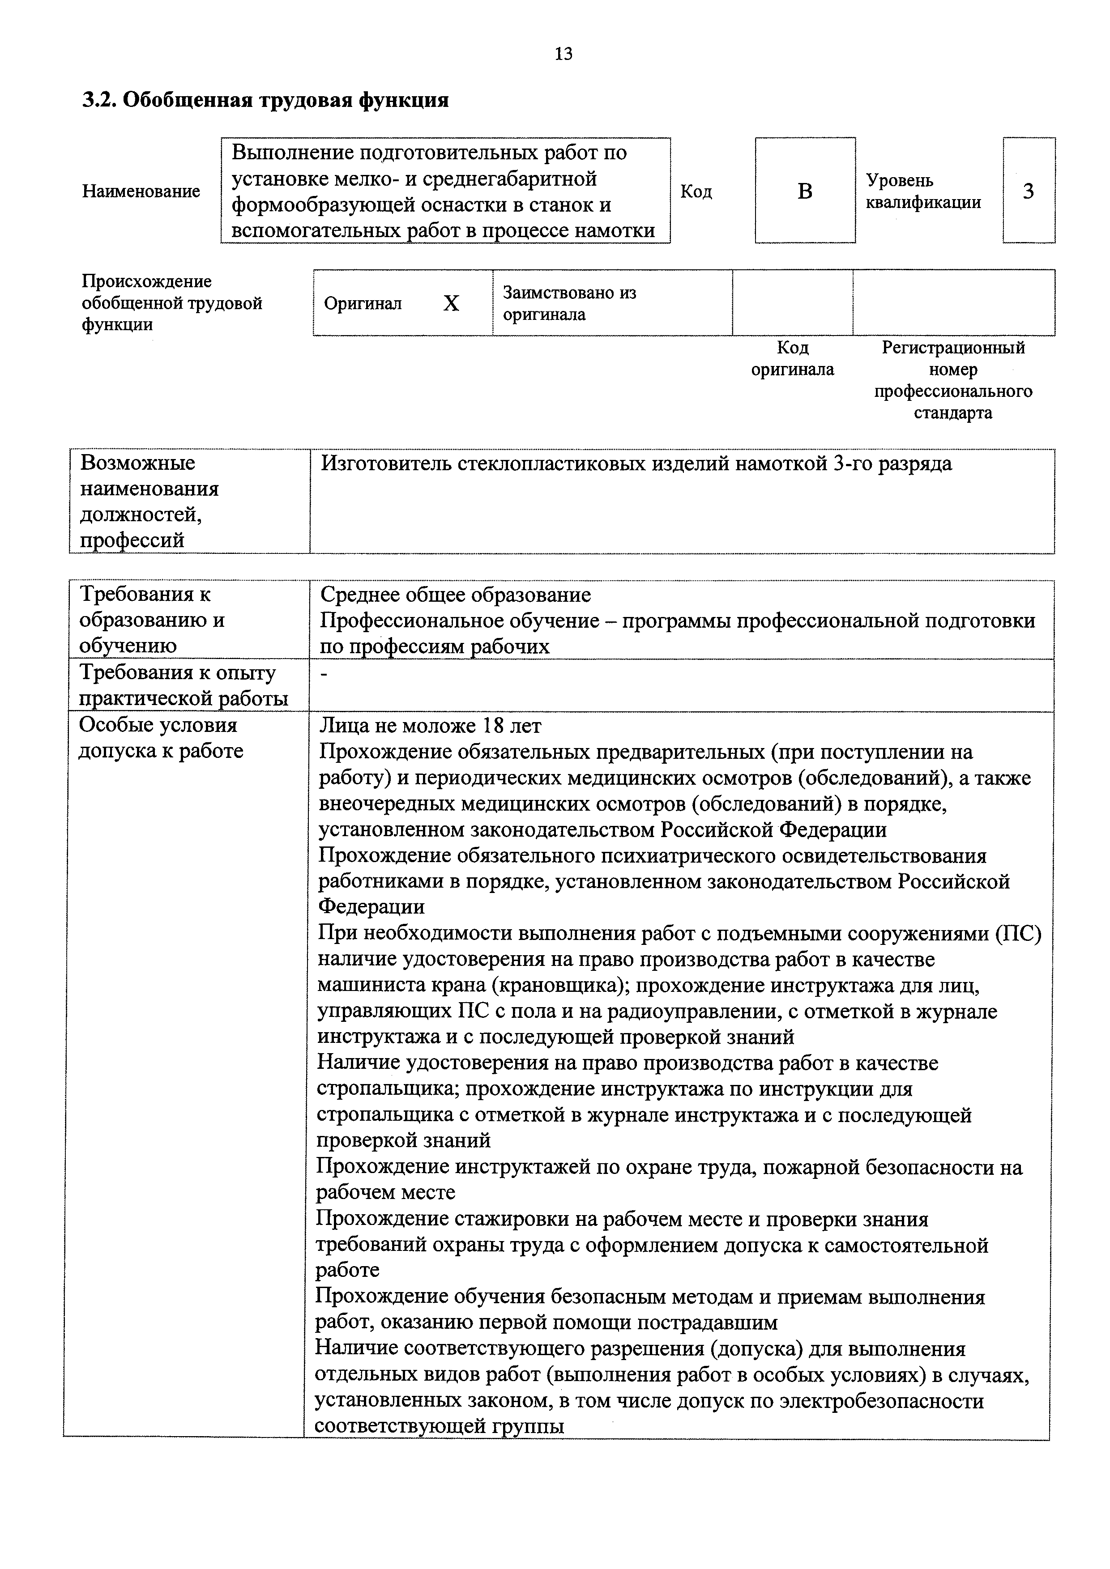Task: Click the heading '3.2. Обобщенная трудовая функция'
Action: [x=265, y=101]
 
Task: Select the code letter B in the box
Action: [x=805, y=191]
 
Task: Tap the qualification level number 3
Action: [x=1028, y=191]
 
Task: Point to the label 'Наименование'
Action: [x=141, y=191]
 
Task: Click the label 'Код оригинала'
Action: [x=792, y=359]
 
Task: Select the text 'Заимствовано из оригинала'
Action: [x=569, y=303]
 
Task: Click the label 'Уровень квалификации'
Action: [x=923, y=191]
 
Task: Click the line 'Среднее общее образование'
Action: [x=455, y=595]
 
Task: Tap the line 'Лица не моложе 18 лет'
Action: [x=431, y=725]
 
